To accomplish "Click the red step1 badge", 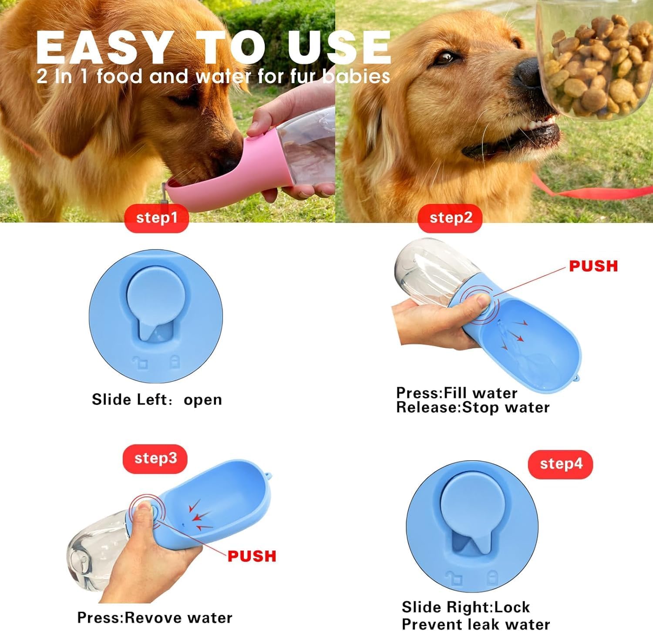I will [156, 218].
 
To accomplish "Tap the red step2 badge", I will [450, 218].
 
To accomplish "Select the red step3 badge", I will [155, 459].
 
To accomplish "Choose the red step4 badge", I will [560, 464].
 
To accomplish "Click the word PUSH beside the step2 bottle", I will [593, 266].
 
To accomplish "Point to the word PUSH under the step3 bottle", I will [252, 556].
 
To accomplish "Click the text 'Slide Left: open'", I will [157, 399].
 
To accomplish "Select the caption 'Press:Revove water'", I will [155, 618].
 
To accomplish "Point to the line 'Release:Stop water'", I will [473, 408].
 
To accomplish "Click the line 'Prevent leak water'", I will [475, 624].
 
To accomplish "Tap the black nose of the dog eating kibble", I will [528, 73].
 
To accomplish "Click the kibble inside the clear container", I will [596, 65].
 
